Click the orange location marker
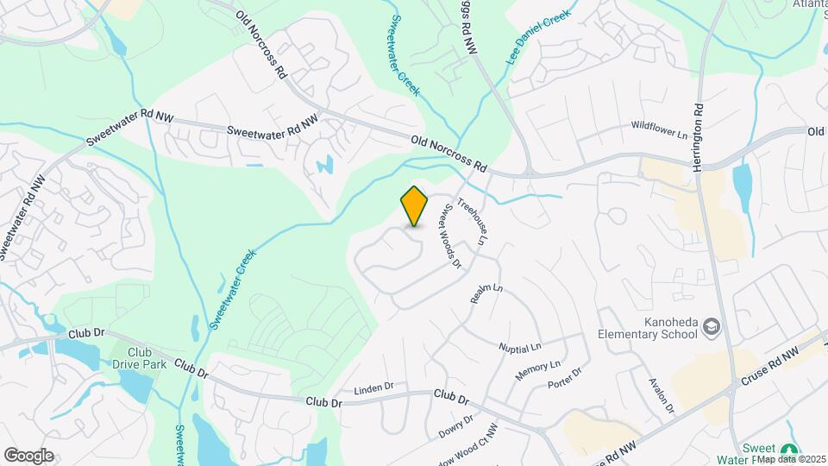pyautogui.click(x=414, y=205)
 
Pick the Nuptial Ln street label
pyautogui.click(x=520, y=346)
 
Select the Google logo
pyautogui.click(x=28, y=456)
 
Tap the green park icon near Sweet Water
pyautogui.click(x=788, y=450)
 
